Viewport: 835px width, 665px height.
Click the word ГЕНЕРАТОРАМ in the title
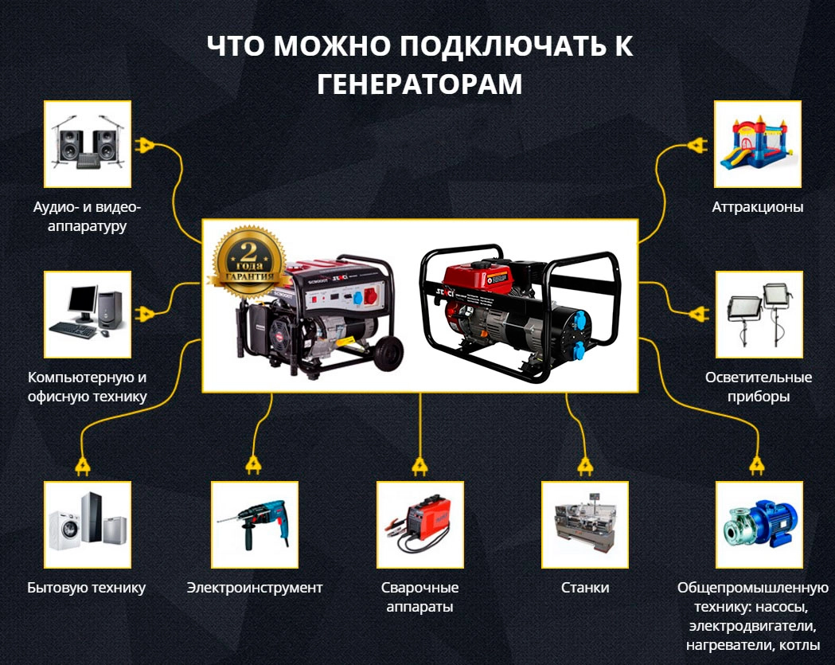419,84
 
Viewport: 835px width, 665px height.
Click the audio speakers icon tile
87,144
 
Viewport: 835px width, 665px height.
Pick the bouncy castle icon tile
757,144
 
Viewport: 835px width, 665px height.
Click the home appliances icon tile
87,524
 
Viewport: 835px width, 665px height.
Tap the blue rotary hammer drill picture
254,524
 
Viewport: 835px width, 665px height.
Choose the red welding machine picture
419,524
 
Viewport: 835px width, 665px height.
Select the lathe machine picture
585,524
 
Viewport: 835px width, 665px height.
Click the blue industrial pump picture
757,524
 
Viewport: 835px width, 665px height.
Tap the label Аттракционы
757,207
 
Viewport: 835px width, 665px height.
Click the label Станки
585,588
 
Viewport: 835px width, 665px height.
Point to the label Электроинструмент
255,588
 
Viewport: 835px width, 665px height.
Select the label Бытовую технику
87,588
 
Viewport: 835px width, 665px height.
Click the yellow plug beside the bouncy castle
696,146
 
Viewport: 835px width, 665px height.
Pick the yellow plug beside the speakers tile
146,146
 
